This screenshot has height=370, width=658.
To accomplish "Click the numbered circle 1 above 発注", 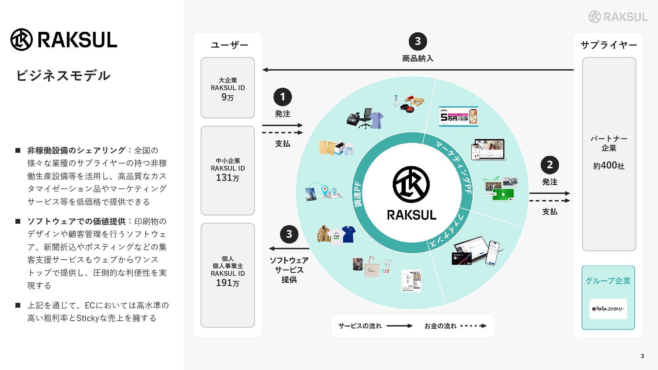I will pyautogui.click(x=282, y=97).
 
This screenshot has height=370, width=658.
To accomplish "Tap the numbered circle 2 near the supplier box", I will pyautogui.click(x=550, y=165).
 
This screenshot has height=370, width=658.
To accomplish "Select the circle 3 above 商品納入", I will pyautogui.click(x=417, y=41).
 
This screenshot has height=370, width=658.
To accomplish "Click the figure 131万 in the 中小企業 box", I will pyautogui.click(x=228, y=177).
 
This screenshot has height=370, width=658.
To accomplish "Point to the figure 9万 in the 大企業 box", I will pyautogui.click(x=228, y=97).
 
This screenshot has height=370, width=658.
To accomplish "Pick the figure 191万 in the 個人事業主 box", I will pyautogui.click(x=228, y=283).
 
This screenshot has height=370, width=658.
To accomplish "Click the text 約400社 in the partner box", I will pyautogui.click(x=609, y=165).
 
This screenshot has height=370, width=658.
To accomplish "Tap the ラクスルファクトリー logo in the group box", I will pyautogui.click(x=608, y=309).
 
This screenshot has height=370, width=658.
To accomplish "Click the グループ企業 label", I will pyautogui.click(x=608, y=281).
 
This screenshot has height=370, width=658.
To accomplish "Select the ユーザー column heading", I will pyautogui.click(x=229, y=45).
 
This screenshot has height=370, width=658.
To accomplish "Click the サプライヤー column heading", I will pyautogui.click(x=609, y=45).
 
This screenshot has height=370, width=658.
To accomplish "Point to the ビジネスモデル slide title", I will pyautogui.click(x=63, y=75).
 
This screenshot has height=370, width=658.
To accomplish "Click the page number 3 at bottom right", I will pyautogui.click(x=642, y=356).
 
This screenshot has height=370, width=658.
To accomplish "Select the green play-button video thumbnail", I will pyautogui.click(x=503, y=195).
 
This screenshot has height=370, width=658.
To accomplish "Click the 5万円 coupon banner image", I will pyautogui.click(x=459, y=116).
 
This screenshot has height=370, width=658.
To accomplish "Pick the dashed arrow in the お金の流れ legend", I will pyautogui.click(x=473, y=326).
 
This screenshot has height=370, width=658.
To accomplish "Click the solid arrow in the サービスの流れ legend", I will pyautogui.click(x=399, y=326).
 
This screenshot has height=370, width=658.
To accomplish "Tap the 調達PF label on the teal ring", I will pyautogui.click(x=357, y=194).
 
